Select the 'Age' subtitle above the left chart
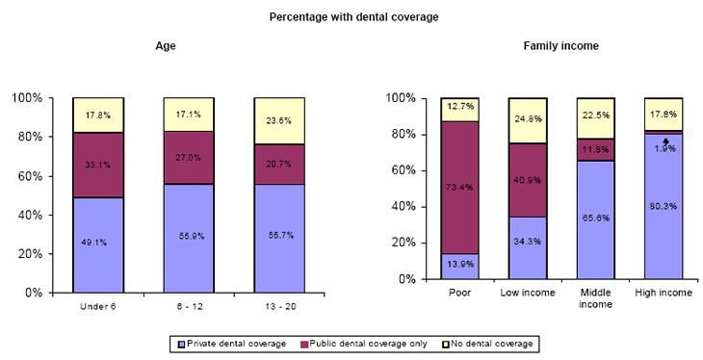pyautogui.click(x=166, y=46)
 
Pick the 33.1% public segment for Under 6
pyautogui.click(x=97, y=165)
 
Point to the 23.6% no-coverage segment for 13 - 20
pyautogui.click(x=278, y=121)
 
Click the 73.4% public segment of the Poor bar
pyautogui.click(x=459, y=188)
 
